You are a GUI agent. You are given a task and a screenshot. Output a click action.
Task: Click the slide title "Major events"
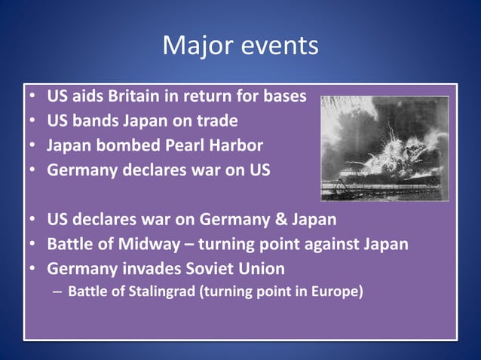[x=240, y=47]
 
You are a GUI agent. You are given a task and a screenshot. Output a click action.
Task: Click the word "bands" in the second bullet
[x=97, y=121]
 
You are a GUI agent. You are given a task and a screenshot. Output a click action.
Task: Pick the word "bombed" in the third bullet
[x=124, y=145]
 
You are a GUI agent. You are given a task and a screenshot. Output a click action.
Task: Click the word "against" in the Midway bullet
[x=334, y=244]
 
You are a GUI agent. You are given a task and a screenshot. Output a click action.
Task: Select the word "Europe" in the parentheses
[x=335, y=291]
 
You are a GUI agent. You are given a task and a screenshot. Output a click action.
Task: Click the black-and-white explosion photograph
[x=384, y=148]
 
